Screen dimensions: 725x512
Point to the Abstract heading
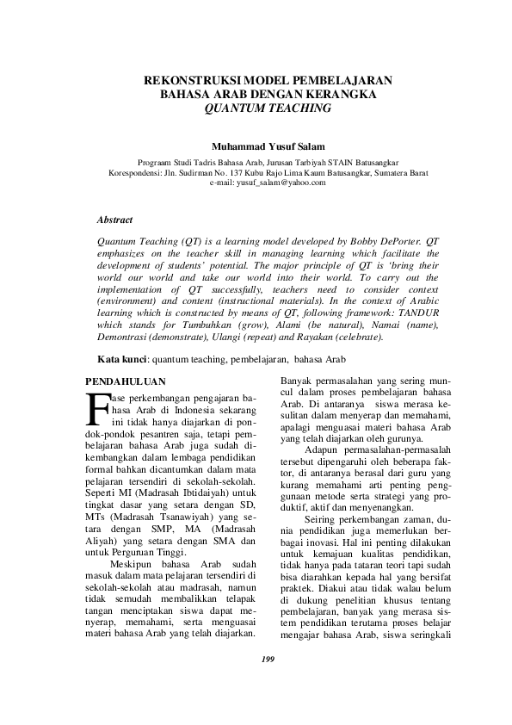[114, 220]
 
